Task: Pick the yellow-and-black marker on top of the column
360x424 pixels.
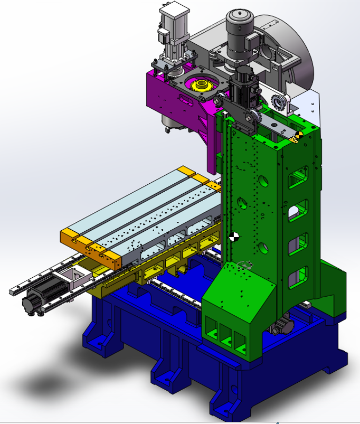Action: click(x=297, y=137)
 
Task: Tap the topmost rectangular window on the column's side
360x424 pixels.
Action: click(x=298, y=176)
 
